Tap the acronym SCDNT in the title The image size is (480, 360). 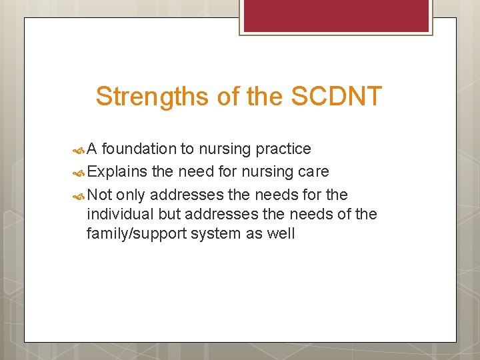pyautogui.click(x=336, y=97)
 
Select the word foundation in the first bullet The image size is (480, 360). pyautogui.click(x=141, y=148)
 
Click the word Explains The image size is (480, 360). pyautogui.click(x=117, y=171)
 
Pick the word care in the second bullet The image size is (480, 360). pyautogui.click(x=313, y=171)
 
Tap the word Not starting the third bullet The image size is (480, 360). pyautogui.click(x=99, y=194)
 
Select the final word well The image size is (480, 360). pyautogui.click(x=280, y=233)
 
